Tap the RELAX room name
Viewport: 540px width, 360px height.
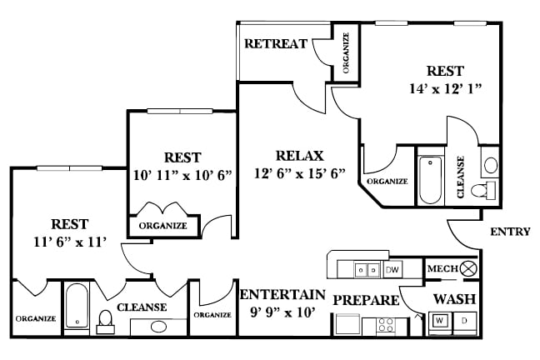[299, 156]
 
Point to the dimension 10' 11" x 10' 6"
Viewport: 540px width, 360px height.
[182, 175]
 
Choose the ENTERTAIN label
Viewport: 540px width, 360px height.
[282, 295]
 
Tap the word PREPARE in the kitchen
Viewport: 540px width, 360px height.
[362, 299]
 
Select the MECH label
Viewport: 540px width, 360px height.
[440, 268]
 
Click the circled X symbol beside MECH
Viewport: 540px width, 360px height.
[467, 268]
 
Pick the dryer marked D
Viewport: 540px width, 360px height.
[464, 321]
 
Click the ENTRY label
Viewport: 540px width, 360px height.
[509, 232]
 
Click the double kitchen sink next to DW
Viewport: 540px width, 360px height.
[364, 269]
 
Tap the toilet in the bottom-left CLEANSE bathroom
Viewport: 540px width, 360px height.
[106, 321]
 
